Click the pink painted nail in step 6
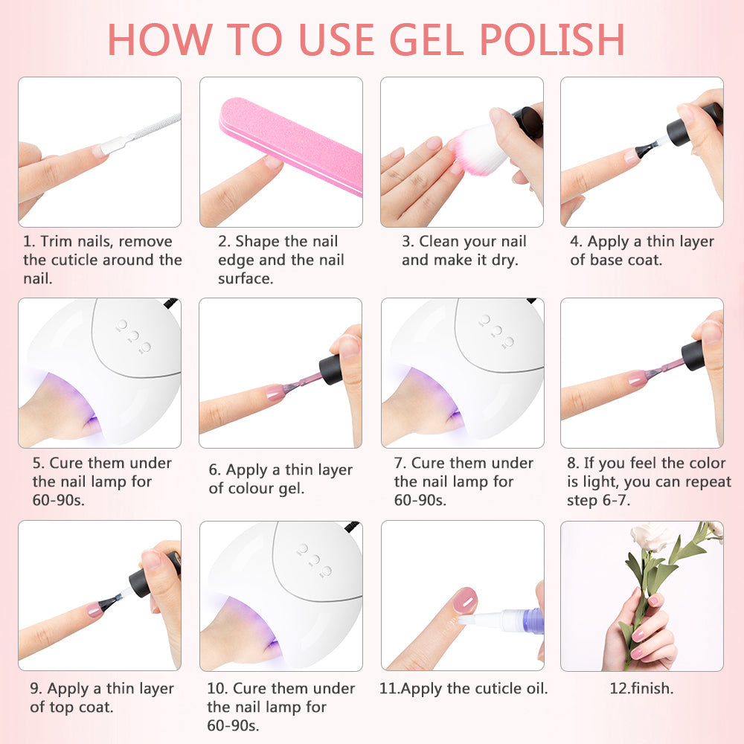[x=275, y=391]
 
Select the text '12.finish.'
[x=641, y=688]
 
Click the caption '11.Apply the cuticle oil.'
[x=464, y=688]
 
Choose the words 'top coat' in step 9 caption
[x=82, y=707]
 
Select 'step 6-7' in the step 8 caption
[x=598, y=501]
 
